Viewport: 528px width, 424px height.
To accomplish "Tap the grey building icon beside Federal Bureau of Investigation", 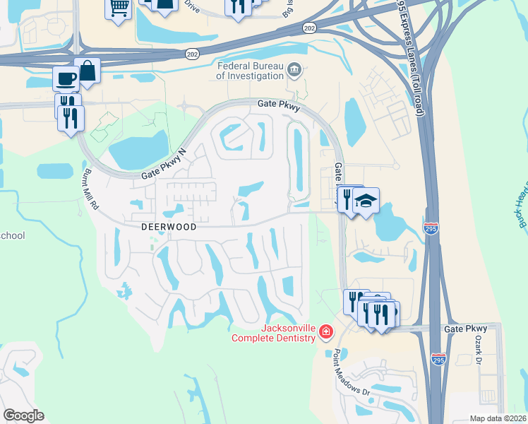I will coord(295,70).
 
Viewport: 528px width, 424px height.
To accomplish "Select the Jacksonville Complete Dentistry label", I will coord(275,333).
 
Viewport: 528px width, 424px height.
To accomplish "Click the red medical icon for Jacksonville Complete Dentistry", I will coord(325,331).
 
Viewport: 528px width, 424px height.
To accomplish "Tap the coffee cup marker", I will coord(66,78).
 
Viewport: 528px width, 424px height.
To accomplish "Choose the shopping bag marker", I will coord(88,71).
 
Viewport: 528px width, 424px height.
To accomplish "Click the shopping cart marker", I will coord(119,9).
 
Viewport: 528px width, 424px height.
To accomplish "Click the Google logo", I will coord(23,416).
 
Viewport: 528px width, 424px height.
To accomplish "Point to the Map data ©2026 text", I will coord(498,418).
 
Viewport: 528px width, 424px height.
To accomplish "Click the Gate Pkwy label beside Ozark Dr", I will coord(466,329).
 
